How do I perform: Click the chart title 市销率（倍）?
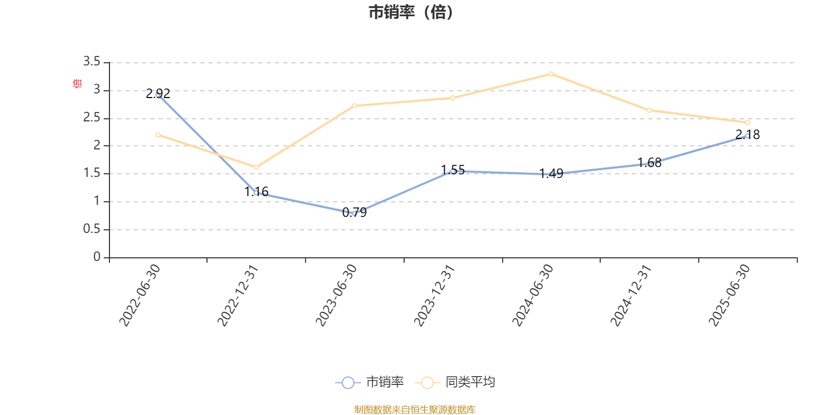tap(410, 12)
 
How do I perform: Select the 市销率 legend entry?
tap(370, 382)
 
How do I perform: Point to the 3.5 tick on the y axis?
tap(92, 62)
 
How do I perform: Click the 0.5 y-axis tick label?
tap(92, 229)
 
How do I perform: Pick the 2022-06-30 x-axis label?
tap(140, 295)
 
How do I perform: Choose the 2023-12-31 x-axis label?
tap(434, 295)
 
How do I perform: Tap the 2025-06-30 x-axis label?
tap(729, 295)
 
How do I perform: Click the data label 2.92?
tap(158, 93)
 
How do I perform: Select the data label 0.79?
tap(354, 212)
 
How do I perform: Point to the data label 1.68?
tap(649, 163)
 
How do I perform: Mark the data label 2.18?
tap(748, 135)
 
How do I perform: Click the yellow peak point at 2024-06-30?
tap(551, 74)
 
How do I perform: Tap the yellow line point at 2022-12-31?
tap(256, 167)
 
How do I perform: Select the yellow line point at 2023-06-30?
tap(354, 106)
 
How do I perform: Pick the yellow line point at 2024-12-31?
tap(649, 110)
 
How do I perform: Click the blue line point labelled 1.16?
tap(256, 193)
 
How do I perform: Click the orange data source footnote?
tap(414, 410)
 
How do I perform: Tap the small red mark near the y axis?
tap(77, 83)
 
